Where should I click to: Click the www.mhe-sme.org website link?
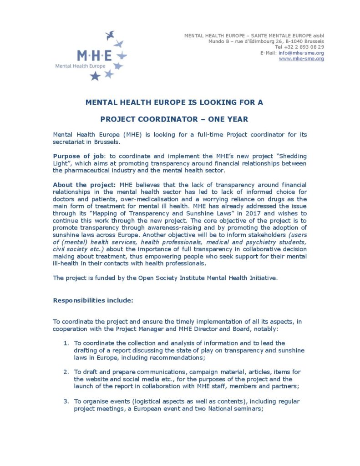(x=301, y=59)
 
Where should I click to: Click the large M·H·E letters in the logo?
(x=94, y=56)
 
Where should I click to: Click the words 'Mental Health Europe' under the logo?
(x=80, y=66)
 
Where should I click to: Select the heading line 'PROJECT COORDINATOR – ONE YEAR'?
(x=174, y=119)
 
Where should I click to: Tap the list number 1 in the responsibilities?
(x=66, y=343)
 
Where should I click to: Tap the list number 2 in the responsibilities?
(x=66, y=372)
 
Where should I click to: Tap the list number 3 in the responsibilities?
(x=66, y=401)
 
